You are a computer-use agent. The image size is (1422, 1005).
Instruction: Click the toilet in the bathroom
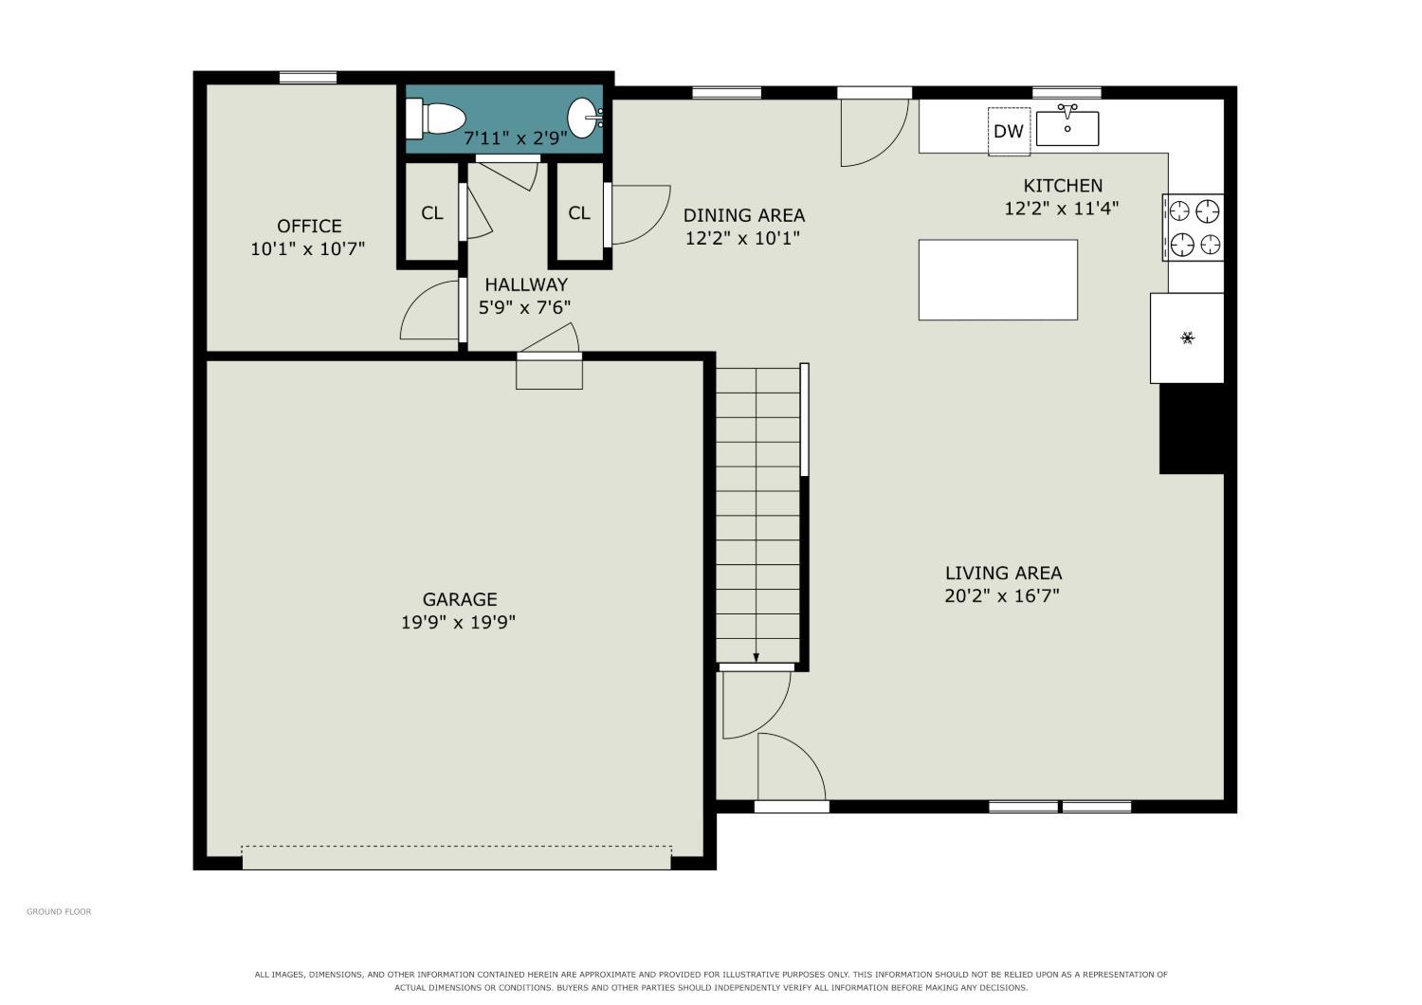[x=435, y=119]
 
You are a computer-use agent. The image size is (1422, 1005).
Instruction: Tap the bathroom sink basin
[x=584, y=119]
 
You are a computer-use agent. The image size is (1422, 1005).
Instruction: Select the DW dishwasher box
[x=1009, y=131]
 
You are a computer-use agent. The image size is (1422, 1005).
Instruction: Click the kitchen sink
[x=1067, y=126]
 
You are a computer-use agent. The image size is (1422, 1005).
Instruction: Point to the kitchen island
[x=998, y=280]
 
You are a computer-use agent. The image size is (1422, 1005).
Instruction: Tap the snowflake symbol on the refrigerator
[x=1187, y=338]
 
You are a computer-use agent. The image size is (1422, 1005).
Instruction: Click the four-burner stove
[x=1194, y=228]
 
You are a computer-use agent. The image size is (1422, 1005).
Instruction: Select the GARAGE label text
[x=460, y=599]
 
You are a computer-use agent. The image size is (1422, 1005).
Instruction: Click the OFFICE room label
[x=309, y=226]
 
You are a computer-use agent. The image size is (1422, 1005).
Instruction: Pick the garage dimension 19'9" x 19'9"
[x=458, y=622]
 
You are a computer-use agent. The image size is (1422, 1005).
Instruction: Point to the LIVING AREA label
[x=1003, y=574]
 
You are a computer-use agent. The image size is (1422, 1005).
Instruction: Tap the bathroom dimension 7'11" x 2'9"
[x=516, y=137]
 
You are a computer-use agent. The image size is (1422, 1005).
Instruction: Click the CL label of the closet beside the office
[x=431, y=212]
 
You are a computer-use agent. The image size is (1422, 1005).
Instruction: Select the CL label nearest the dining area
[x=579, y=212]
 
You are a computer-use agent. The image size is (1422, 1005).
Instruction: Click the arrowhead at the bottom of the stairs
[x=757, y=658]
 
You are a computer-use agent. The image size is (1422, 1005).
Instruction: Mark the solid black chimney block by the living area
[x=1192, y=429]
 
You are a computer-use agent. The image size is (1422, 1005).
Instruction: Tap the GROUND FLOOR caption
[x=59, y=912]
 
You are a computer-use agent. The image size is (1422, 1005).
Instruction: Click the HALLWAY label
[x=526, y=284]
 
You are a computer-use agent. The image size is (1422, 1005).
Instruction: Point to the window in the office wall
[x=308, y=78]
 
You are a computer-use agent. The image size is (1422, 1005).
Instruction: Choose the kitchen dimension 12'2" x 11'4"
[x=1061, y=209]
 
